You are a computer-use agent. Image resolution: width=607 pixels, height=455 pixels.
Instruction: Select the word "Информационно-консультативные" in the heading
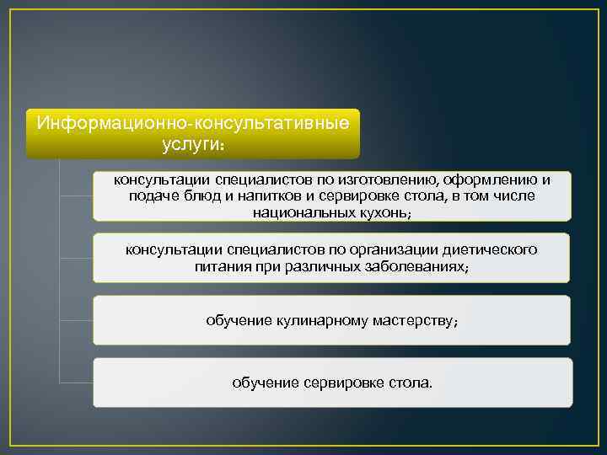point(193,123)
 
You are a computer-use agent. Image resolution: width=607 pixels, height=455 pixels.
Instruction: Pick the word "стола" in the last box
point(411,383)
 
